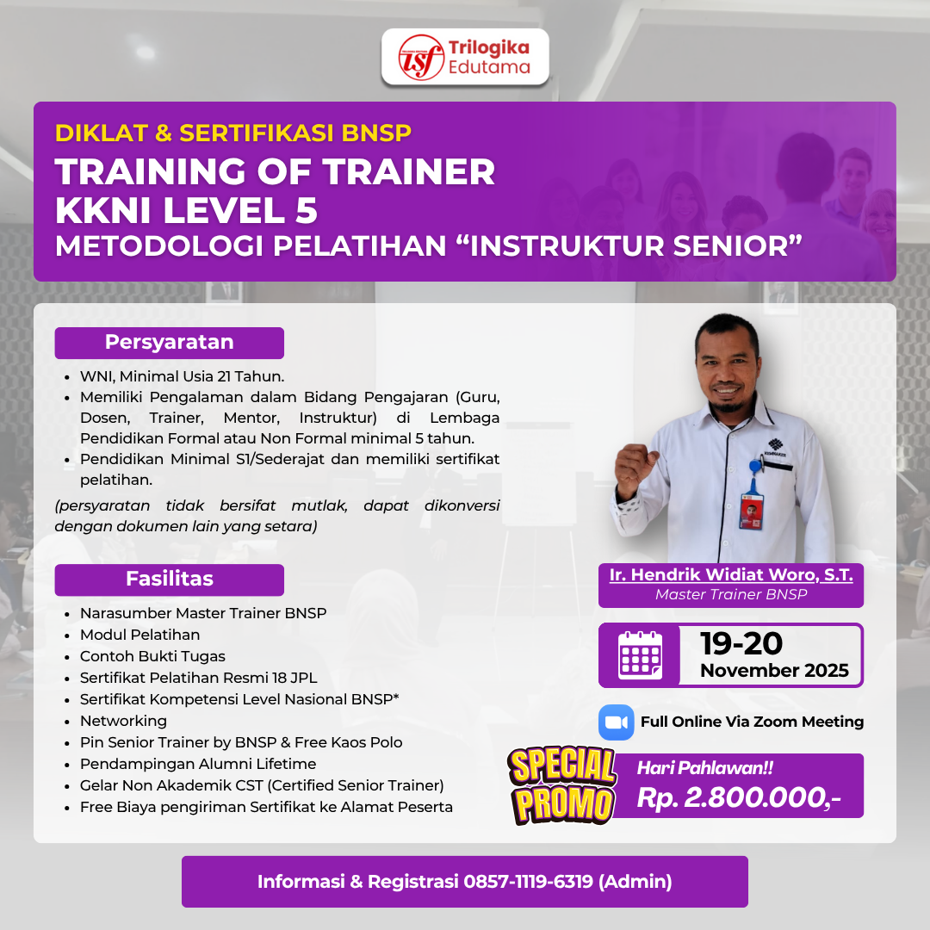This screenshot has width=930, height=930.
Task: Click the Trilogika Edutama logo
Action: pyautogui.click(x=465, y=57)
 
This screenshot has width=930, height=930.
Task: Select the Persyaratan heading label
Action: pyautogui.click(x=169, y=342)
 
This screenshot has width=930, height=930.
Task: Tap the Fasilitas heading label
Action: pyautogui.click(x=169, y=579)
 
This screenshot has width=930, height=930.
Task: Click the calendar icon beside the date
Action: pyautogui.click(x=640, y=655)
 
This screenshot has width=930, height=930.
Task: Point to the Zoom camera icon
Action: pyautogui.click(x=616, y=722)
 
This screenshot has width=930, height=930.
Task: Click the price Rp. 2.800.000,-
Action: pyautogui.click(x=738, y=798)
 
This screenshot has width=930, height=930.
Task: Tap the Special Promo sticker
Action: pyautogui.click(x=561, y=785)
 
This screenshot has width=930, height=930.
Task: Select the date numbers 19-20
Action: pyautogui.click(x=741, y=643)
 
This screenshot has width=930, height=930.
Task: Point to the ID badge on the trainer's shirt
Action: pyautogui.click(x=751, y=510)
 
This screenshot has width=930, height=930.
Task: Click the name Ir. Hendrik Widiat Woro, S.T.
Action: pyautogui.click(x=731, y=574)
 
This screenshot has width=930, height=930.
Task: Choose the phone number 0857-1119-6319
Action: pyautogui.click(x=527, y=882)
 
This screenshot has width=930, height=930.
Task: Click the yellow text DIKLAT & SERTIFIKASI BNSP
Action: pyautogui.click(x=233, y=133)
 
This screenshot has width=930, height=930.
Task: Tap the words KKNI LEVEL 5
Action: pyautogui.click(x=186, y=209)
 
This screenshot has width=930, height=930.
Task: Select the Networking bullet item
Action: pyautogui.click(x=123, y=721)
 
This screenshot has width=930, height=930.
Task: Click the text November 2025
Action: pyautogui.click(x=774, y=671)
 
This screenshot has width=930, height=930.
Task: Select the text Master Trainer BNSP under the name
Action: pyautogui.click(x=731, y=594)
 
